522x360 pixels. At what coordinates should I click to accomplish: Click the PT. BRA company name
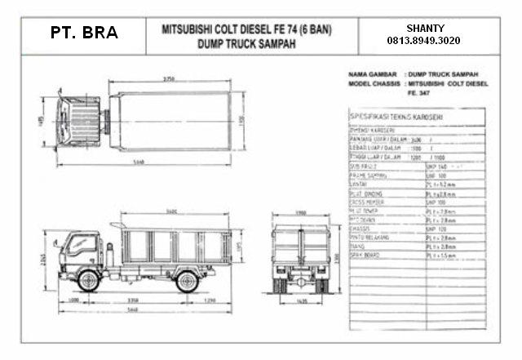(83, 33)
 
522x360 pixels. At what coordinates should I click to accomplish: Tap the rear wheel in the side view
(187, 282)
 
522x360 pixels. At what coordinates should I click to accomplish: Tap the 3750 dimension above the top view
(169, 79)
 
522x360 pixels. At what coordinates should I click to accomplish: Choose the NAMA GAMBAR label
(368, 74)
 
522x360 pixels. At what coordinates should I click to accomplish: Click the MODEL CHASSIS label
(371, 82)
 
